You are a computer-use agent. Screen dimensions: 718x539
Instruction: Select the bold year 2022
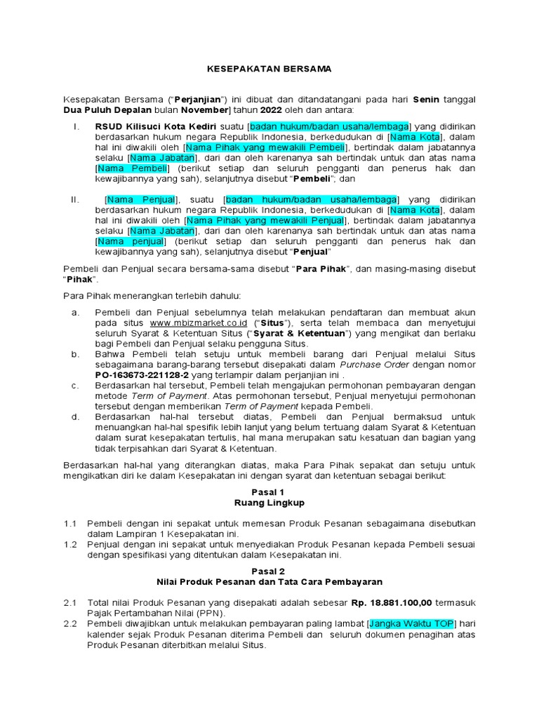270,110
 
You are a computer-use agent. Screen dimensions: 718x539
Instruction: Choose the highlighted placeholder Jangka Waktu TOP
412,623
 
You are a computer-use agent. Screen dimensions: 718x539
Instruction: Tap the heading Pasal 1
269,492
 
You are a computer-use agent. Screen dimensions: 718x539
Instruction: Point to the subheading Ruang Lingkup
269,503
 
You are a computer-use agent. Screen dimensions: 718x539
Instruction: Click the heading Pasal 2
269,571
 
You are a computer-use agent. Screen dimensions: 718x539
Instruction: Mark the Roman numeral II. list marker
76,200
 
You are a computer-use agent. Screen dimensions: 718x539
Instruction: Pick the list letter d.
75,417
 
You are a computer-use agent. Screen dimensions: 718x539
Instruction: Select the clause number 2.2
69,624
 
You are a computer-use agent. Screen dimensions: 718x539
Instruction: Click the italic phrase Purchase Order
369,365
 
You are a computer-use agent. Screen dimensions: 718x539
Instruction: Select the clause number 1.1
69,524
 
